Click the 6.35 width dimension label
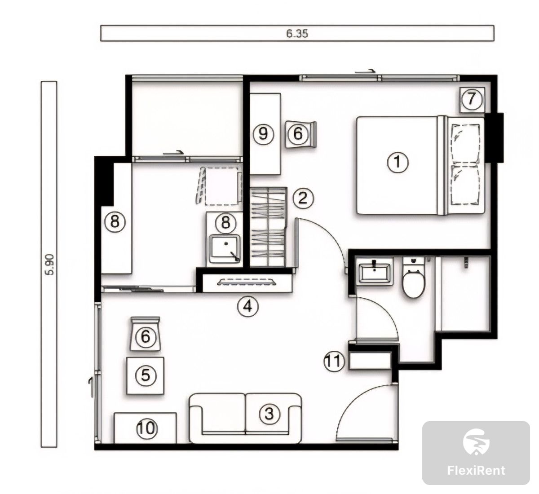(297, 33)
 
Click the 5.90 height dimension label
(50, 265)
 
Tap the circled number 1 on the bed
(398, 163)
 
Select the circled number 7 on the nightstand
(472, 99)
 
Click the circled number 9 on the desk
(263, 134)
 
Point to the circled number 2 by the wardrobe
(303, 198)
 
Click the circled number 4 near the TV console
(248, 306)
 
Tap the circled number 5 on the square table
(146, 375)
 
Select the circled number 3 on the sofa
(269, 414)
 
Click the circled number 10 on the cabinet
(147, 428)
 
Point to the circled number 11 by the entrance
(334, 361)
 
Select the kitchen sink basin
(225, 249)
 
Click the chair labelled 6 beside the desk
(300, 134)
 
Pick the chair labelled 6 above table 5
(145, 334)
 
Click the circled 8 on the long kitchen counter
(115, 222)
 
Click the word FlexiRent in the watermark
(476, 470)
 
